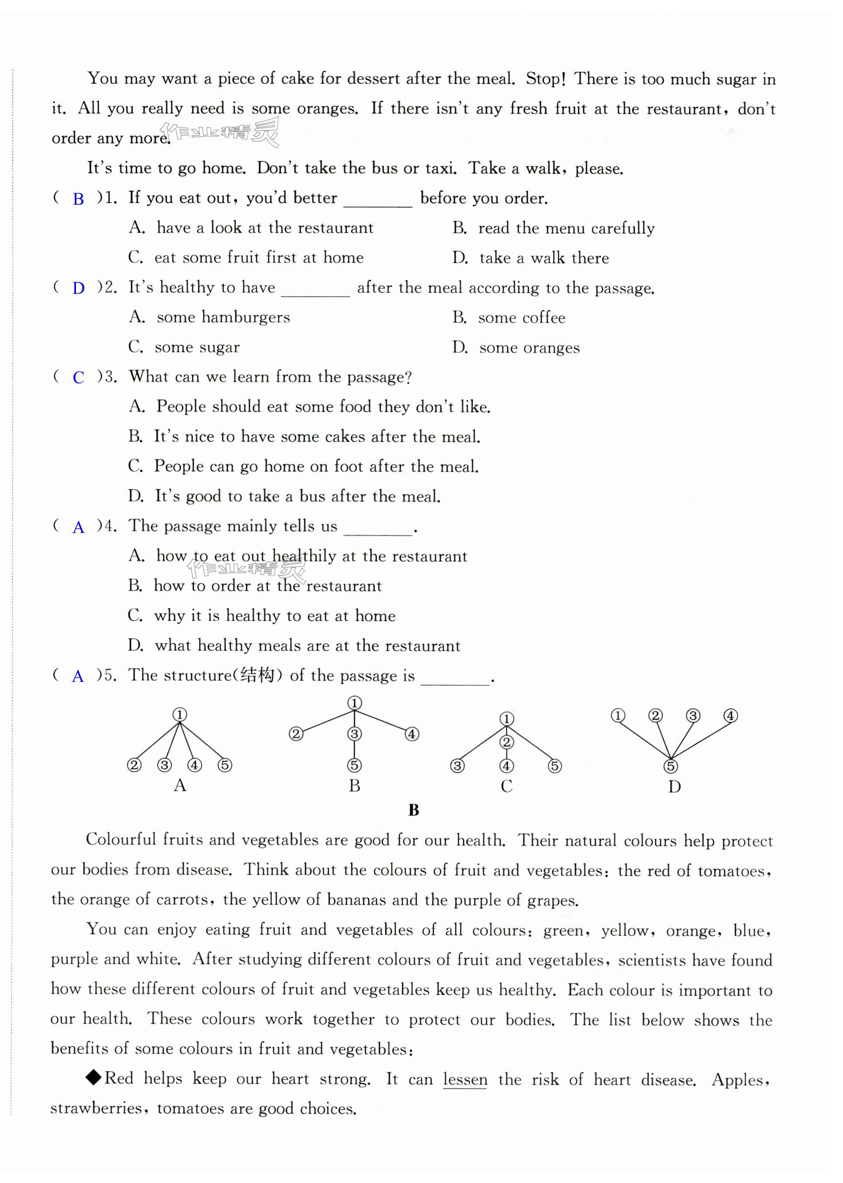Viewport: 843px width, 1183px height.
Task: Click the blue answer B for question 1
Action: (x=79, y=199)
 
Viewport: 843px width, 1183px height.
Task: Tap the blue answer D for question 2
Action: (x=79, y=289)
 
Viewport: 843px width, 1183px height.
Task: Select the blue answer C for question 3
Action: (x=79, y=378)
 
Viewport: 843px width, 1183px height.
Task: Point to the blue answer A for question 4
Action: (x=79, y=527)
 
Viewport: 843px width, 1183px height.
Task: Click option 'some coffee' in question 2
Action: (x=521, y=318)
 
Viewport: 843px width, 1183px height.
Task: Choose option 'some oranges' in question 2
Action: (x=529, y=348)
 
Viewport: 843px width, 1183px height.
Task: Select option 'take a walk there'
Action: (x=544, y=258)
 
